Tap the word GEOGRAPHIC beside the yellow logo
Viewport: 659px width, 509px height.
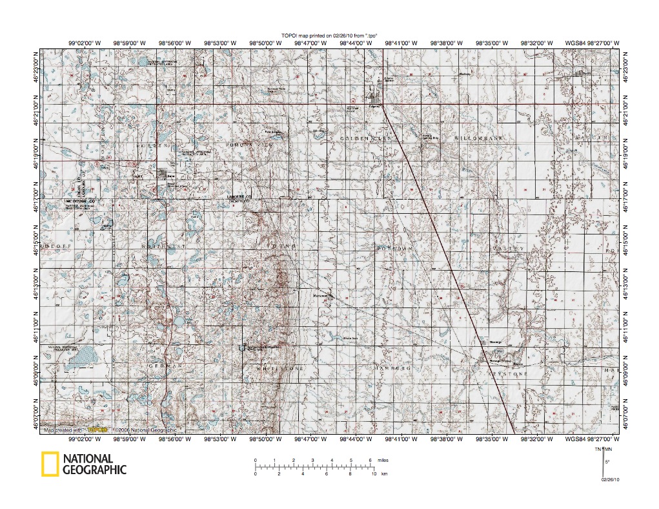tap(94, 470)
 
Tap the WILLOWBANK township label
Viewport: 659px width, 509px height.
tap(478, 139)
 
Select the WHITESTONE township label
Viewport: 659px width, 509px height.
tap(281, 368)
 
